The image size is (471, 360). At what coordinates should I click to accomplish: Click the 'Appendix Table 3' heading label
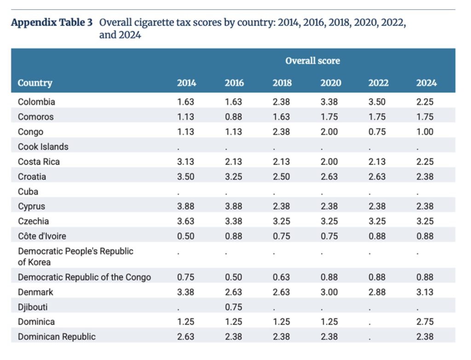pyautogui.click(x=52, y=23)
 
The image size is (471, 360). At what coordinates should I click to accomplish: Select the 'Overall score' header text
pyautogui.click(x=312, y=61)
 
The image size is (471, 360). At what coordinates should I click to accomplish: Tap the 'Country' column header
pyautogui.click(x=35, y=83)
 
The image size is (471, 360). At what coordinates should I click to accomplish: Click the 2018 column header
pyautogui.click(x=281, y=83)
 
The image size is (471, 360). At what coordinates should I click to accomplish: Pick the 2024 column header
pyautogui.click(x=426, y=83)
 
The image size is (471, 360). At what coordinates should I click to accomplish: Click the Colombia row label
pyautogui.click(x=36, y=102)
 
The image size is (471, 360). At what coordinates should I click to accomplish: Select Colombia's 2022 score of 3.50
pyautogui.click(x=378, y=102)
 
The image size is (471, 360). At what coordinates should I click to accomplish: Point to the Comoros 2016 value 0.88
pyautogui.click(x=234, y=117)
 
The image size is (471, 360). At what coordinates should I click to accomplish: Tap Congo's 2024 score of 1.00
pyautogui.click(x=425, y=132)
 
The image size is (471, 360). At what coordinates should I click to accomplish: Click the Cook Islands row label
pyautogui.click(x=43, y=147)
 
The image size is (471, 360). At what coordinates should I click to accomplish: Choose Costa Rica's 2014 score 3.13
pyautogui.click(x=186, y=162)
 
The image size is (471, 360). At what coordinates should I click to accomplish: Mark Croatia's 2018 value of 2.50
pyautogui.click(x=281, y=177)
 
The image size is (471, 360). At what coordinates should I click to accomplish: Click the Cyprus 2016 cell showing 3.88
pyautogui.click(x=234, y=207)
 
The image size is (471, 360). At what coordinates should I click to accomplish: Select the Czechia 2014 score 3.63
pyautogui.click(x=186, y=221)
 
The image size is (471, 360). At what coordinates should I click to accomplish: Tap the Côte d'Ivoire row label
pyautogui.click(x=42, y=237)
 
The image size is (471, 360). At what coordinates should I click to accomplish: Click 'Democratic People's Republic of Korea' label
pyautogui.click(x=75, y=256)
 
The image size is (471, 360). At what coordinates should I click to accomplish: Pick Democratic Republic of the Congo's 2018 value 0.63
pyautogui.click(x=281, y=277)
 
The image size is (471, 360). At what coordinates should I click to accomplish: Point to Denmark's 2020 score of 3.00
pyautogui.click(x=329, y=292)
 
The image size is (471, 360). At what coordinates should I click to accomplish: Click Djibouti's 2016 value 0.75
pyautogui.click(x=234, y=307)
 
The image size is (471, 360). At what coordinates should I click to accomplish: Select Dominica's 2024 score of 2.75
pyautogui.click(x=425, y=322)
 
